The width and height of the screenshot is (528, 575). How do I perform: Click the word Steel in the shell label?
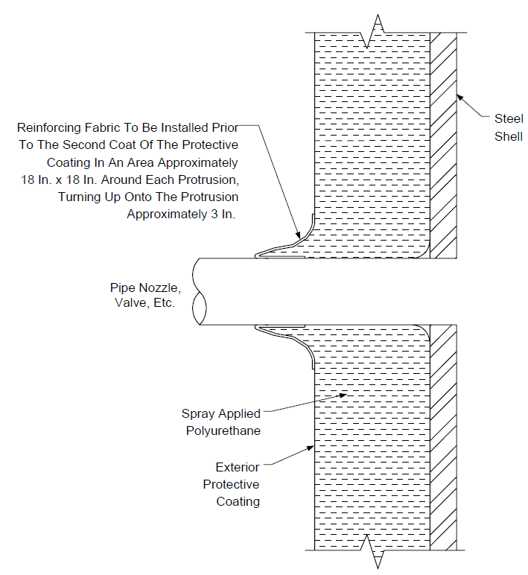[x=509, y=118]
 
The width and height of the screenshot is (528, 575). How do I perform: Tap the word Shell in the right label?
[x=508, y=136]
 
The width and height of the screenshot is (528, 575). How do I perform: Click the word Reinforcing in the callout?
[x=49, y=128]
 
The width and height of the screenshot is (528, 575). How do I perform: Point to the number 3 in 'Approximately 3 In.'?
[x=214, y=215]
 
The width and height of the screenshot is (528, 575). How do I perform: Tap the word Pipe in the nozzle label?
[x=124, y=288]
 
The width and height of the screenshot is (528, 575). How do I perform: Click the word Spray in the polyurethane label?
[x=197, y=414]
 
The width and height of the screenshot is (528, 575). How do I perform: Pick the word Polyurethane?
[x=223, y=431]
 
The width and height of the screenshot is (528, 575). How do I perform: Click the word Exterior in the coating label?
[x=238, y=467]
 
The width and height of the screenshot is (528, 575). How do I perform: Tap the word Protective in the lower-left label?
[x=232, y=484]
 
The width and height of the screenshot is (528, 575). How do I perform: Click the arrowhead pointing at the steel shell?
[x=460, y=98]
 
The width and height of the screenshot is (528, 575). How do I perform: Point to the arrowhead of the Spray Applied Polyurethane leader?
[x=343, y=395]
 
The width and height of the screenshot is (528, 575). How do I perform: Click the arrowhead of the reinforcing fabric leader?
[x=298, y=235]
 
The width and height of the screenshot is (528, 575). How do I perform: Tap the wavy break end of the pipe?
[x=199, y=291]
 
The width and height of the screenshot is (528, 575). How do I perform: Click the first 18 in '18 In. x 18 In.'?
[x=28, y=180]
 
